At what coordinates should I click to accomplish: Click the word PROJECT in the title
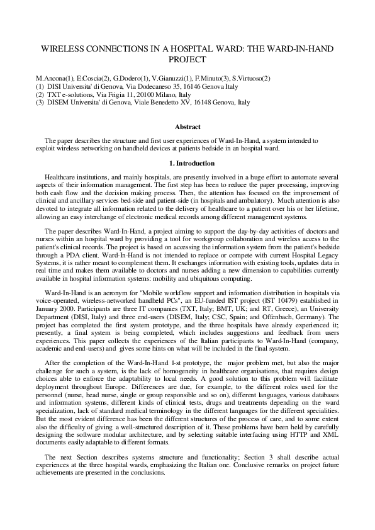pos(187,60)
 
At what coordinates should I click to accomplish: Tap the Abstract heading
pos(187,127)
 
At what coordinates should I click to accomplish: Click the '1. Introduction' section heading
pos(187,164)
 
